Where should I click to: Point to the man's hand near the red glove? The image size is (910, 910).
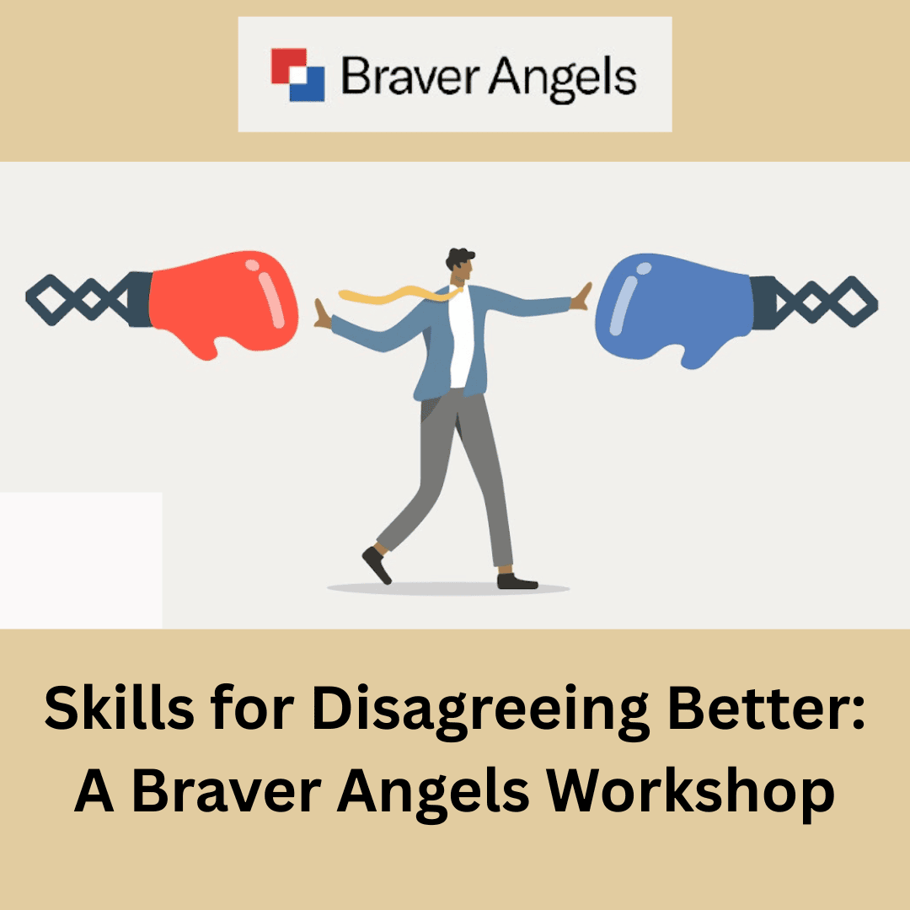pyautogui.click(x=322, y=313)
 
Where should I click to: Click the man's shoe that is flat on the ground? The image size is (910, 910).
pyautogui.click(x=517, y=581)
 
